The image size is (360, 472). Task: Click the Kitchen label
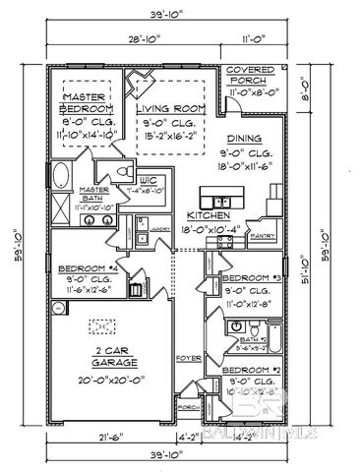(x=210, y=215)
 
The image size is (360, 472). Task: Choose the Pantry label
(x=263, y=236)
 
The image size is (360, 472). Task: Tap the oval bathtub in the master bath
(x=59, y=180)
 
